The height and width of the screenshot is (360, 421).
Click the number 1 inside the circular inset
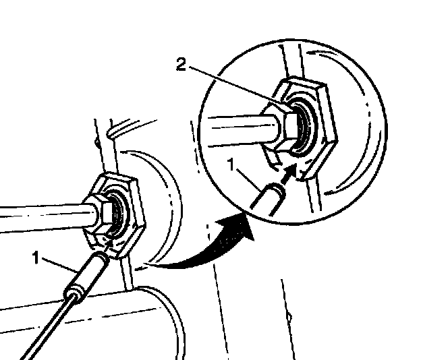pos(231,164)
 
